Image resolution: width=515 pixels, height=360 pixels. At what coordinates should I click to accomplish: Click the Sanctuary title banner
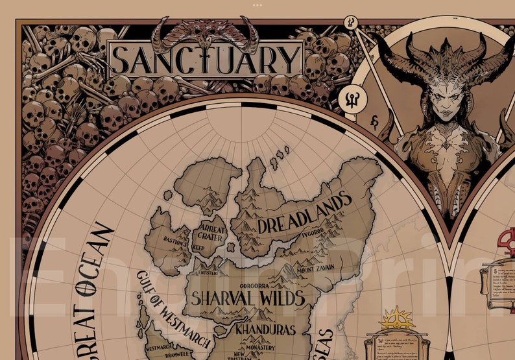(x=206, y=59)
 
